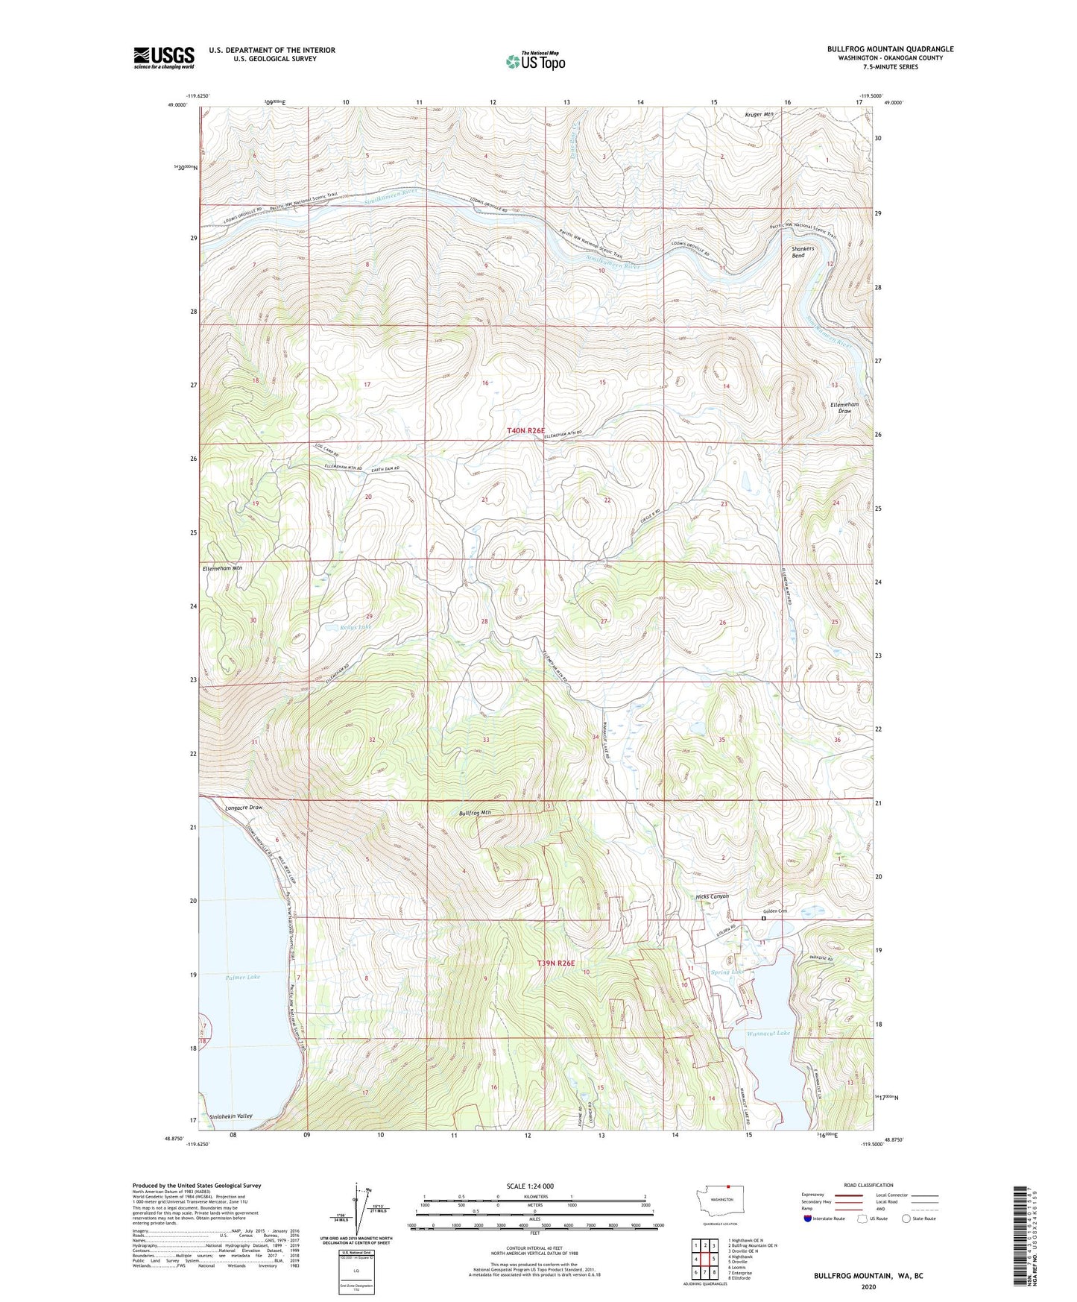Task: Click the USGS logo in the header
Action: point(163,57)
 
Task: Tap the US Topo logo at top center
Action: point(535,61)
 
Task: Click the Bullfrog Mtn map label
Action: point(476,813)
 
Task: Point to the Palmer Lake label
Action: point(243,977)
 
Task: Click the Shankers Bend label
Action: point(803,251)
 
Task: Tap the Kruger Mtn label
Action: point(760,114)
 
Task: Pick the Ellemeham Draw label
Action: point(844,407)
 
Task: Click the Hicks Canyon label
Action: point(712,896)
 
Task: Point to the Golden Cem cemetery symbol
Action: point(763,919)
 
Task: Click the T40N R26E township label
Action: point(526,431)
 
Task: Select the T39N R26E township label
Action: point(556,963)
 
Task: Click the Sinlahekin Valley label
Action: point(231,1116)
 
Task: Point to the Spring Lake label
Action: point(727,972)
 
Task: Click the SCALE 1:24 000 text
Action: point(529,1186)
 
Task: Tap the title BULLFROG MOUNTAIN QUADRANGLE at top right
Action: point(890,49)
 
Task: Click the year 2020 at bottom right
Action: point(868,1286)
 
